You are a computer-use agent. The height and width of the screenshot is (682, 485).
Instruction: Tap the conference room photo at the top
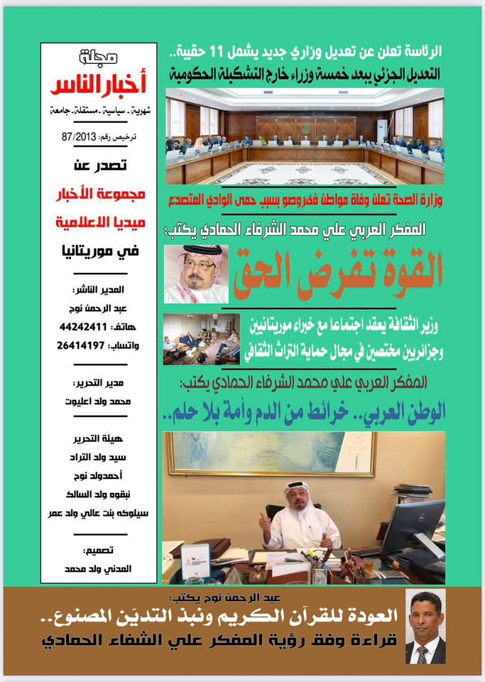(x=305, y=136)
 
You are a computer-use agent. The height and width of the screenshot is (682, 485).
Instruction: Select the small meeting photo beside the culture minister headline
(x=201, y=339)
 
